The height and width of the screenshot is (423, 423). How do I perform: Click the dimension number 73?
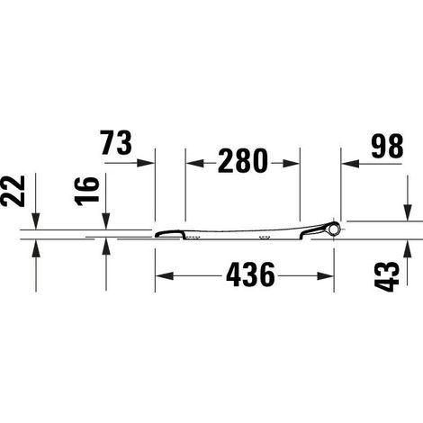tap(116, 143)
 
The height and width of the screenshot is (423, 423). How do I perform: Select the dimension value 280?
tap(243, 161)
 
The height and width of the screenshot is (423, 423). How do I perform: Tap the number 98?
tap(387, 147)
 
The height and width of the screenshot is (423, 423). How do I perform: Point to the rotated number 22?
tap(13, 191)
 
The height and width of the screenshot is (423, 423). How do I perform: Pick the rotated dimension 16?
tap(87, 192)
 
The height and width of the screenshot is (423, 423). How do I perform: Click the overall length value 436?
tap(250, 274)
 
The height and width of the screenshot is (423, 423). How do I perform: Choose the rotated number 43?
tap(387, 276)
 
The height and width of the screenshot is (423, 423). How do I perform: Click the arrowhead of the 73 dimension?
tap(146, 163)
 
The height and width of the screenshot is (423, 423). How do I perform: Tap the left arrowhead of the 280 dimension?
tap(195, 163)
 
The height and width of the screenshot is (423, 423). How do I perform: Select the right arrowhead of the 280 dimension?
tap(291, 163)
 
